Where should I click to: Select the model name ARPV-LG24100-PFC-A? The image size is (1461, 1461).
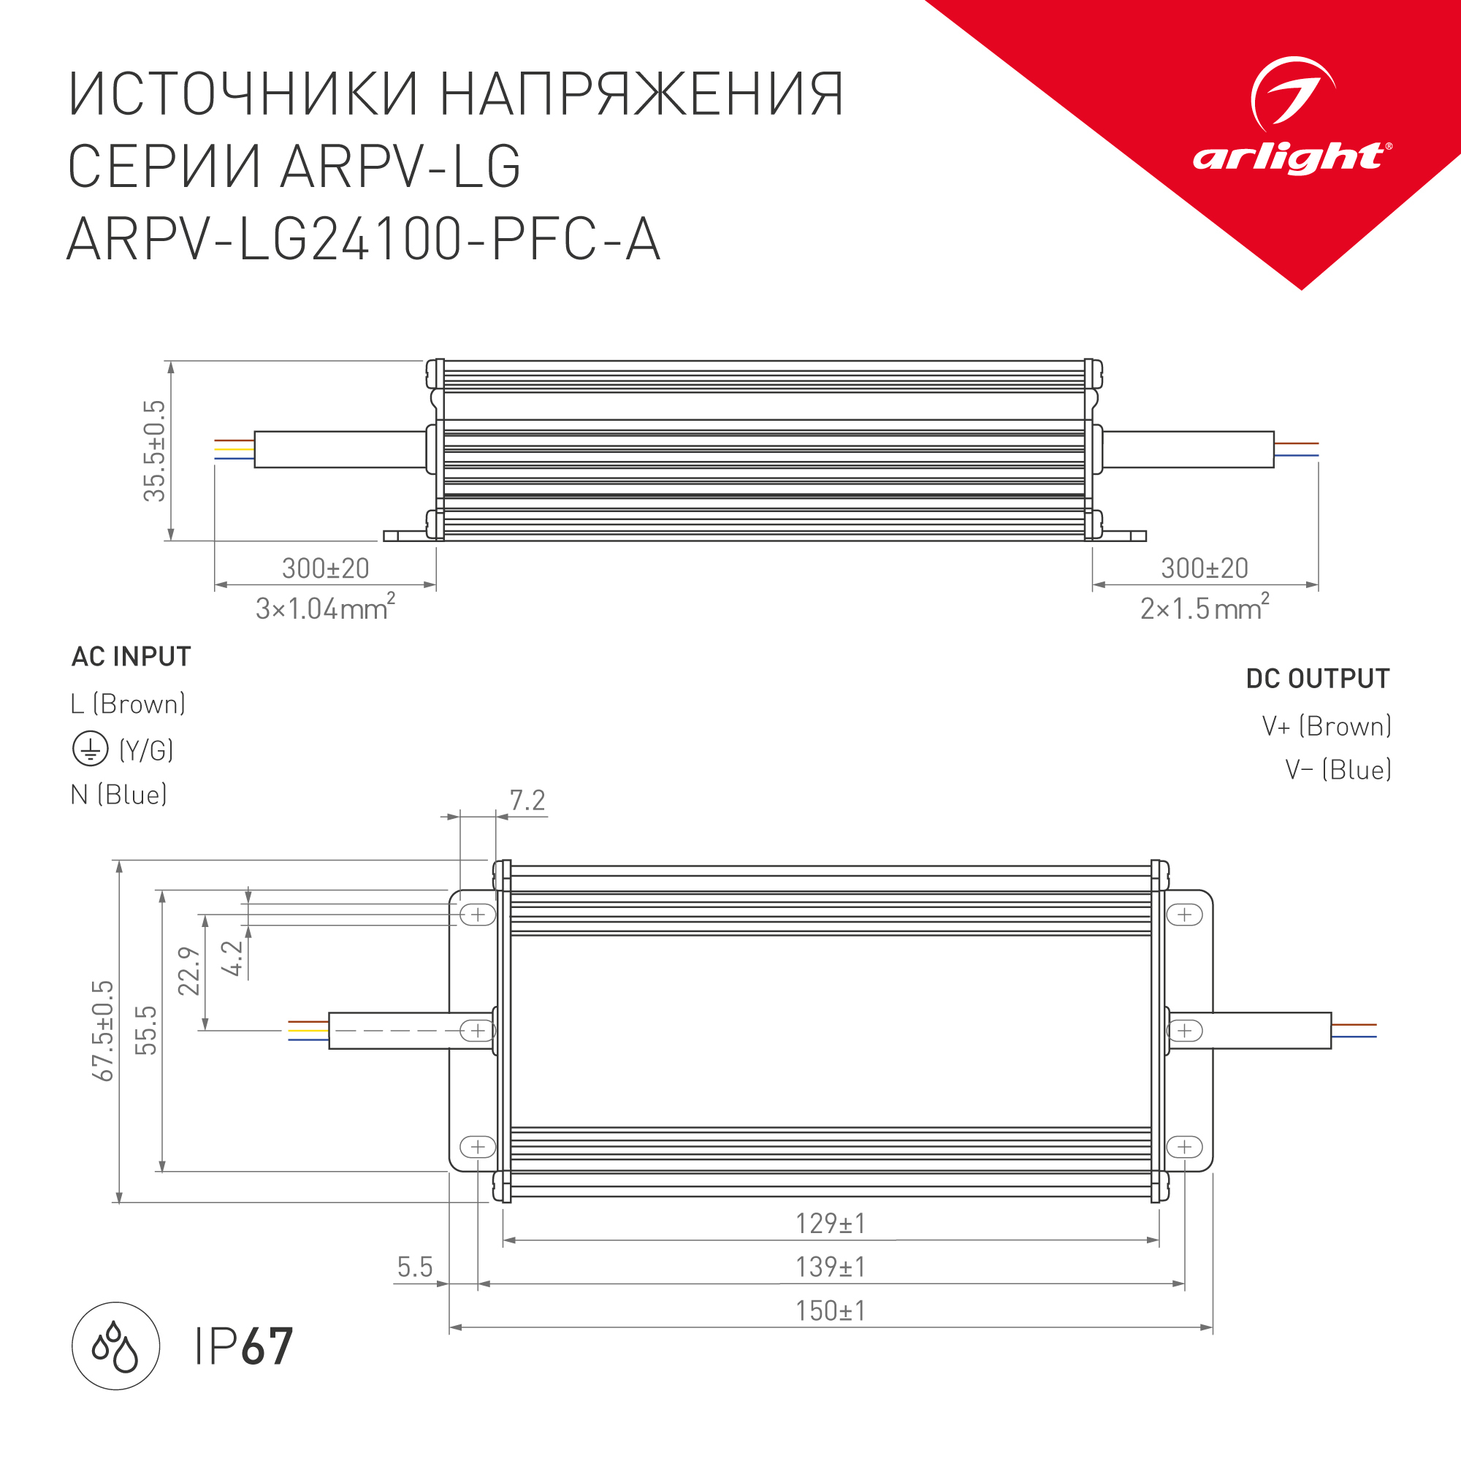[364, 240]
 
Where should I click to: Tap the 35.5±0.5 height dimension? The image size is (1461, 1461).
[154, 451]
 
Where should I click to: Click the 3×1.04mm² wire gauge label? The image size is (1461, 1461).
[325, 608]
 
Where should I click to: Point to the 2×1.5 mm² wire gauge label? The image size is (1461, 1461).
[1204, 608]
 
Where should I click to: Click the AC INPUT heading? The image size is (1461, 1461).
[131, 657]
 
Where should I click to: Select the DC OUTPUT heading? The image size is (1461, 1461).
[1317, 679]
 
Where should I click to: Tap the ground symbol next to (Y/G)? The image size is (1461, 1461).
[90, 749]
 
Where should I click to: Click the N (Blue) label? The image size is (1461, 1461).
[119, 795]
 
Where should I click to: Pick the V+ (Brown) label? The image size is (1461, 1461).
[1327, 726]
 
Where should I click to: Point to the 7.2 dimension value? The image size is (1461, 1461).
[527, 800]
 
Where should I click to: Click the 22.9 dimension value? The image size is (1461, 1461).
[189, 971]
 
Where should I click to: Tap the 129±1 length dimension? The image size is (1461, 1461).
[831, 1224]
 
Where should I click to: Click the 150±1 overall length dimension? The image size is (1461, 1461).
[831, 1311]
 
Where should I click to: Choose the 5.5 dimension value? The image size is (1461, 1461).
[414, 1267]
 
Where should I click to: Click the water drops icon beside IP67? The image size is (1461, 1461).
[115, 1346]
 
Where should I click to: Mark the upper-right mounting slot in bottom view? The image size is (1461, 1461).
[1184, 915]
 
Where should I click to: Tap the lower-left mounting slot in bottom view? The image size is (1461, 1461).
[478, 1147]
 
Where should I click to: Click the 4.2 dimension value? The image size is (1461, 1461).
[233, 958]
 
